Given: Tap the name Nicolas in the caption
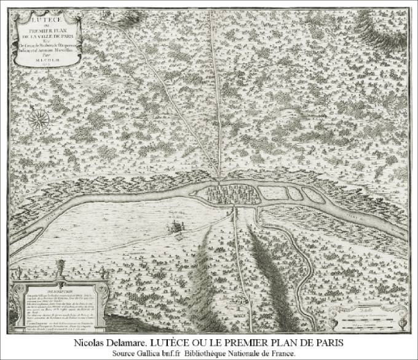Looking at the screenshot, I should click(x=97, y=341).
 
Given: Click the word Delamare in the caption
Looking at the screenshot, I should click(x=141, y=341).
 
